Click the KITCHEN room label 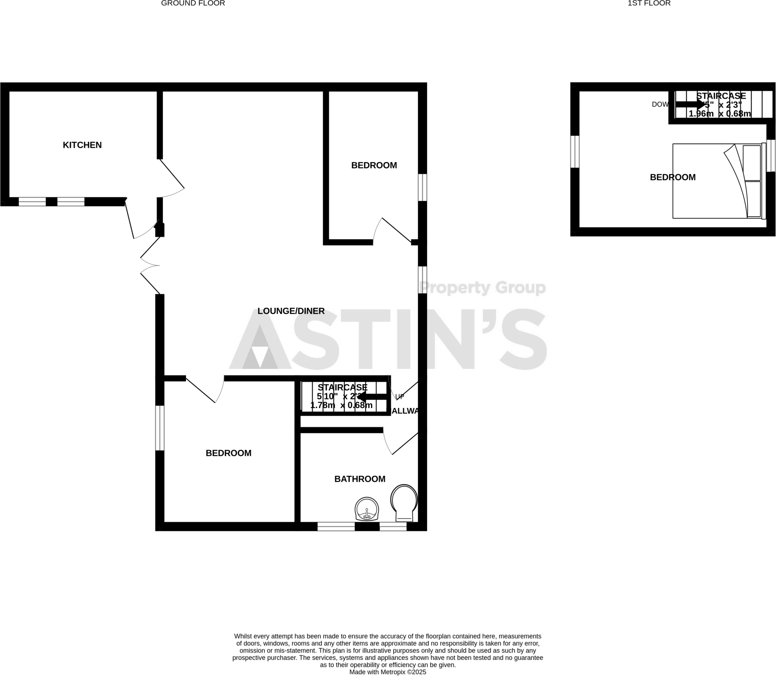click(82, 145)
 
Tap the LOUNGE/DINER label click(291, 311)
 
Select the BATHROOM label click(360, 479)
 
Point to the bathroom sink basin click(366, 509)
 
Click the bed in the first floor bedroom click(717, 181)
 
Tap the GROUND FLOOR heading click(193, 3)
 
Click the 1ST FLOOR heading click(649, 3)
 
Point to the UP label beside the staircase click(400, 397)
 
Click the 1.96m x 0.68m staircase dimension click(720, 114)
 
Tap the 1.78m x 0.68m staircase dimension click(341, 405)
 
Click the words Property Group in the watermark click(483, 288)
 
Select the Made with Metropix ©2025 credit click(388, 672)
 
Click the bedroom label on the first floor click(673, 177)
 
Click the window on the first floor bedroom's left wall click(575, 151)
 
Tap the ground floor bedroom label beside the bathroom click(228, 453)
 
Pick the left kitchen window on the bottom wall click(32, 202)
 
